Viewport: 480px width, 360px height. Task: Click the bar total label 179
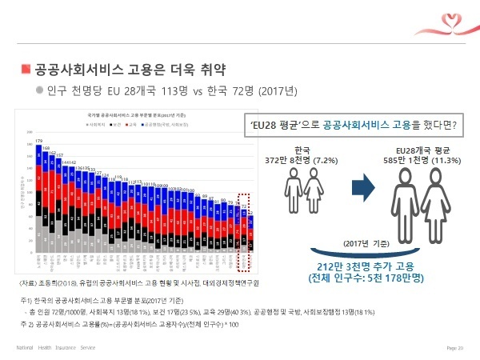(x=38, y=141)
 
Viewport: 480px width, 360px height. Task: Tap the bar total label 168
(x=46, y=148)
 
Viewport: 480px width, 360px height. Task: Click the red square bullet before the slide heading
(x=26, y=68)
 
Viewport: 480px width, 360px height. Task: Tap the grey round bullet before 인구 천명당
(x=38, y=88)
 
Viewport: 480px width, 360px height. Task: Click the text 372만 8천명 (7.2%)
(x=302, y=160)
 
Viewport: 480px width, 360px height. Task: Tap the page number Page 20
(x=454, y=348)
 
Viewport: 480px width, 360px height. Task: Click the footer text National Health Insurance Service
(x=56, y=348)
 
